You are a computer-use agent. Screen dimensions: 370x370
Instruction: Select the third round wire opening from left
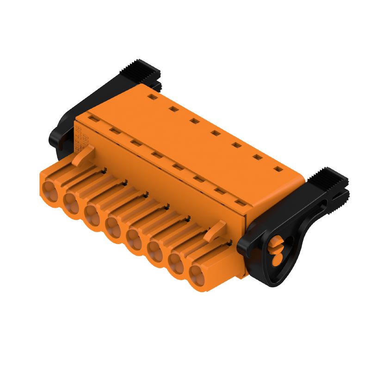92,214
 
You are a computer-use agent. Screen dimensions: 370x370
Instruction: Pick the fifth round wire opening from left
135,239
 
